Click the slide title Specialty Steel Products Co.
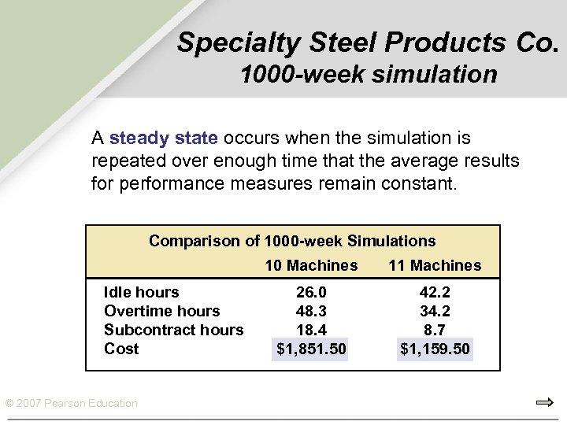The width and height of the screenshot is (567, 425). click(x=368, y=42)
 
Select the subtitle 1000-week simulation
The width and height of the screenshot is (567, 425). click(x=369, y=75)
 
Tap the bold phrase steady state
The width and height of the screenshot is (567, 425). click(x=164, y=139)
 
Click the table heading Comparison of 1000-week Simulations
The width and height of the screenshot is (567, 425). click(x=292, y=241)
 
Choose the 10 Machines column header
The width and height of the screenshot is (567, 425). click(x=311, y=265)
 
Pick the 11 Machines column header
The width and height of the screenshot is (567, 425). click(x=435, y=265)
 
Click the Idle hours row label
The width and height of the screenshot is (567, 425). click(x=142, y=292)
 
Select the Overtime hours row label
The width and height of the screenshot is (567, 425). click(x=161, y=311)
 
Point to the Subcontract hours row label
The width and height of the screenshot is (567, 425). click(x=173, y=330)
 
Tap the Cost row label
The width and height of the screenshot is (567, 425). click(x=121, y=349)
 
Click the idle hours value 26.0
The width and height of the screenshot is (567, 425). click(x=311, y=292)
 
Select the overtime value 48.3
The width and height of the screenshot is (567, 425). click(x=311, y=311)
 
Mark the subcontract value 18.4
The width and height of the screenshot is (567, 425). click(x=311, y=330)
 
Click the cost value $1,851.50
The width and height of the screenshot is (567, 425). click(x=311, y=349)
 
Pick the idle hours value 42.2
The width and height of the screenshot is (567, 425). click(x=435, y=292)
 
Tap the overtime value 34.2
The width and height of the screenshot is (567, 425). click(x=435, y=311)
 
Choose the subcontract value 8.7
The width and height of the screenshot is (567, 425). click(x=435, y=330)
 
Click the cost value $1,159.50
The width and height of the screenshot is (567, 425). click(x=435, y=349)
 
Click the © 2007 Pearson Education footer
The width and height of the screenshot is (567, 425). click(x=71, y=404)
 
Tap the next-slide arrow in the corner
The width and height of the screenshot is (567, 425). click(x=544, y=403)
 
